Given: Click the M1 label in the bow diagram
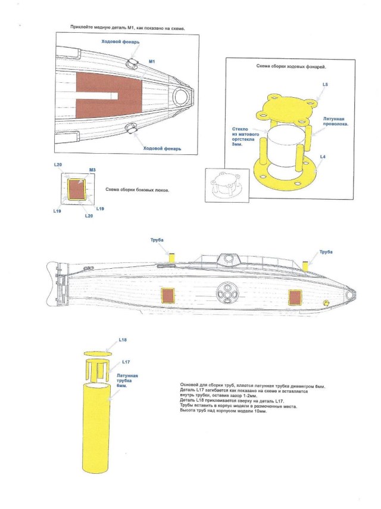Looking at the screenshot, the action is tap(152, 61).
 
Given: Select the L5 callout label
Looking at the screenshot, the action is tap(324, 86).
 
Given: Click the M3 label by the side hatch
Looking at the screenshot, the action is tap(92, 170).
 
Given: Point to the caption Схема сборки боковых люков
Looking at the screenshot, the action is tap(138, 190).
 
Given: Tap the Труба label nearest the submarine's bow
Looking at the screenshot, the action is tap(325, 252).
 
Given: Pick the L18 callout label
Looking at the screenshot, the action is tap(123, 340).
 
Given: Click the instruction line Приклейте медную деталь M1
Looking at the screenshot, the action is tap(127, 28).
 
